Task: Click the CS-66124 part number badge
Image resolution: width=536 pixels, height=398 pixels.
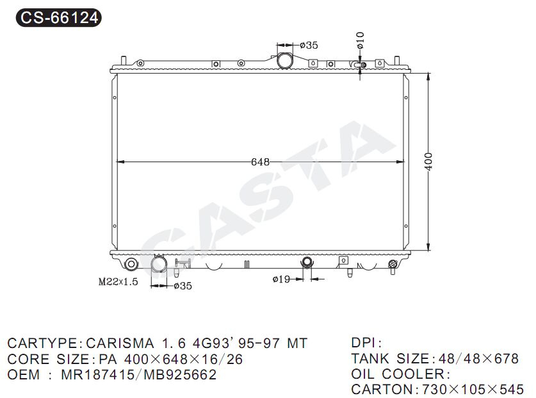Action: tap(59, 17)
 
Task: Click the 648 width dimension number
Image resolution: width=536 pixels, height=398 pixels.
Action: tap(260, 162)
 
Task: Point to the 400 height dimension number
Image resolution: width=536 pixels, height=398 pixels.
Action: tap(428, 161)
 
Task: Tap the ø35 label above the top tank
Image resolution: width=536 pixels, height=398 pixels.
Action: tap(309, 45)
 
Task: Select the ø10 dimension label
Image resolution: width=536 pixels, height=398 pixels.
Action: tap(361, 40)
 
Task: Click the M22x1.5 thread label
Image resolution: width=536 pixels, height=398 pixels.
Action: tap(118, 281)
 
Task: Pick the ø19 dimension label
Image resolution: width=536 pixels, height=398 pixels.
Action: tap(281, 279)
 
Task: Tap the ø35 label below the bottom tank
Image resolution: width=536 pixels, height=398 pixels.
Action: tap(183, 286)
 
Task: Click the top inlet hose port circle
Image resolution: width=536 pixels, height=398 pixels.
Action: tap(284, 60)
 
